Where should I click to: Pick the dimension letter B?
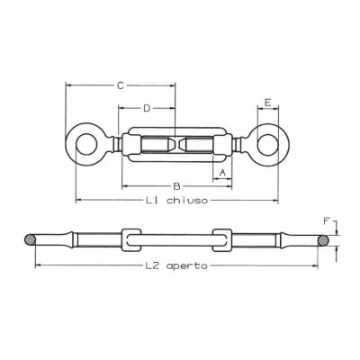pyautogui.click(x=176, y=185)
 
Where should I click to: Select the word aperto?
pyautogui.click(x=188, y=267)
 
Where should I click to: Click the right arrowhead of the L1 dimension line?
pyautogui.click(x=273, y=199)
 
